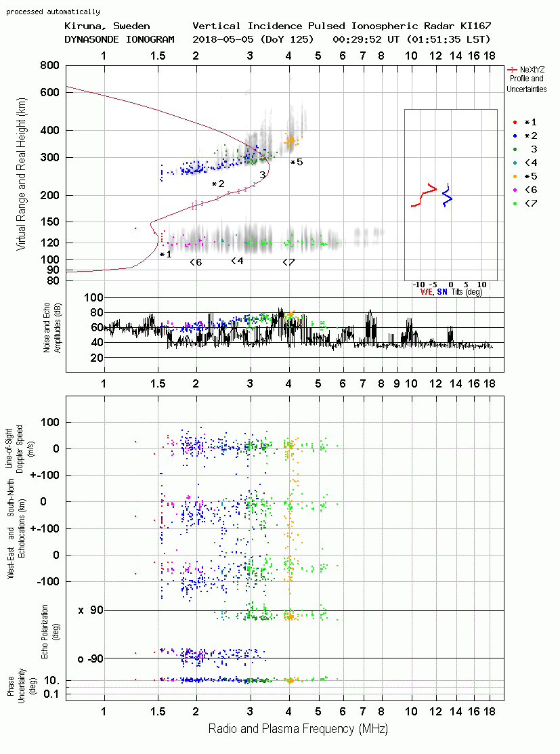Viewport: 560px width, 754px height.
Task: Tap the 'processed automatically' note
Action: (x=53, y=12)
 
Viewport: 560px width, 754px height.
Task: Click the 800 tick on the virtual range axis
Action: (x=50, y=66)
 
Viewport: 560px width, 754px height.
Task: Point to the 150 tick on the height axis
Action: (x=50, y=222)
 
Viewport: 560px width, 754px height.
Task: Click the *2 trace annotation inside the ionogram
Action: (x=218, y=184)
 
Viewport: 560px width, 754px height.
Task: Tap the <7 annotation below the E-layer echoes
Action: (x=288, y=262)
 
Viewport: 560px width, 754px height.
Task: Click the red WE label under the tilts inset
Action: (x=427, y=293)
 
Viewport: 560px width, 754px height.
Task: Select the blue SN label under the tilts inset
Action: (x=442, y=293)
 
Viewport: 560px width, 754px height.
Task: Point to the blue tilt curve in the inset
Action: (x=448, y=195)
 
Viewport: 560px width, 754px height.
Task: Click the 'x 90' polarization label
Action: (x=91, y=610)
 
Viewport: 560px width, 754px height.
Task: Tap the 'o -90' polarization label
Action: (x=91, y=658)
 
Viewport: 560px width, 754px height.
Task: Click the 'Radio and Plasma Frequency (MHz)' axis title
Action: (x=298, y=729)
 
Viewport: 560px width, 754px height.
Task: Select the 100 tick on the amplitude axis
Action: (x=93, y=297)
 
